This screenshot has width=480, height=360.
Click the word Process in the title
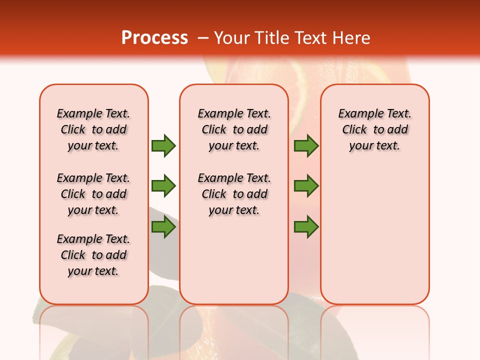[154, 38]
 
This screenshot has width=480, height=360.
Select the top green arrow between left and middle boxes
[163, 146]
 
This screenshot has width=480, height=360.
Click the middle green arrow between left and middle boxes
[163, 186]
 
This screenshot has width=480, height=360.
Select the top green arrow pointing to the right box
[306, 146]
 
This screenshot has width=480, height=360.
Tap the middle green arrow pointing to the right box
[306, 186]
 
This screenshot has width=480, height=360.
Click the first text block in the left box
[93, 129]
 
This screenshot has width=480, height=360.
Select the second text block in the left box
[93, 194]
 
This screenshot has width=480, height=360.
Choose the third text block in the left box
[93, 255]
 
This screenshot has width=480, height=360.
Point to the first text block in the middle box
[234, 129]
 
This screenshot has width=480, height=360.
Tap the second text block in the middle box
[234, 194]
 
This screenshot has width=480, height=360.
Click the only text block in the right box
[374, 129]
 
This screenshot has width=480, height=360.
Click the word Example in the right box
[357, 114]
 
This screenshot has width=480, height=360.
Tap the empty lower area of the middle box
[234, 260]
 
